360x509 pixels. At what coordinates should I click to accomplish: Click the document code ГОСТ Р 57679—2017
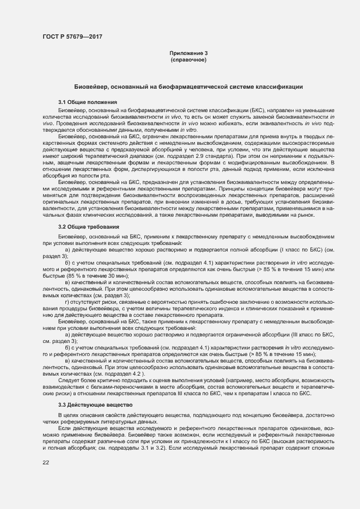pyautogui.click(x=72, y=37)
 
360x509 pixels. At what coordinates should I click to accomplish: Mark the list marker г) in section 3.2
pyautogui.click(x=67, y=301)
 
